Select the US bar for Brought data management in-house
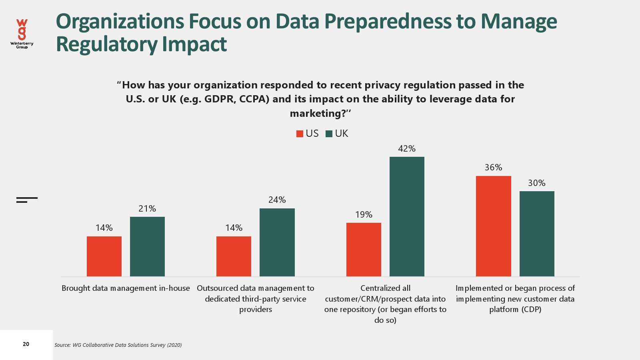click(x=104, y=256)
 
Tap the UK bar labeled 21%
click(x=147, y=246)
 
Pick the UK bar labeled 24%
click(x=277, y=242)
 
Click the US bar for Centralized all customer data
click(x=364, y=249)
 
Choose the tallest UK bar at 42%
click(x=407, y=216)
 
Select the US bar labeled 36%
click(x=493, y=226)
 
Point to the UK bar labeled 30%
click(x=537, y=234)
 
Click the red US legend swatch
click(x=300, y=134)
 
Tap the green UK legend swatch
click(x=329, y=134)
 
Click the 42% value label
click(x=407, y=149)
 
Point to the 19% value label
click(x=364, y=215)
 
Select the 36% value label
click(x=493, y=168)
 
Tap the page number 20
click(x=26, y=344)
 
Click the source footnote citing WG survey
click(x=118, y=345)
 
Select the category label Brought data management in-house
click(x=126, y=288)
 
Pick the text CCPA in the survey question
click(x=254, y=99)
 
